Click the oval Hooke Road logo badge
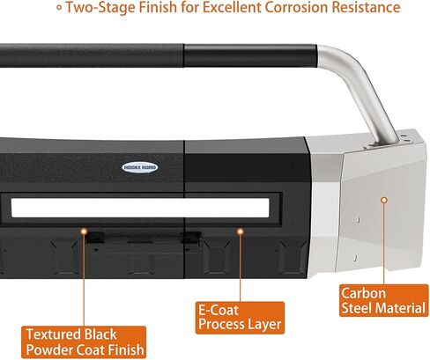(x=139, y=167)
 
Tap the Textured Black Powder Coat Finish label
(x=84, y=342)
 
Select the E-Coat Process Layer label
(x=240, y=318)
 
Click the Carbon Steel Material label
(x=383, y=300)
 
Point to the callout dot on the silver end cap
(x=383, y=200)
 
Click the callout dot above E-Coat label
(x=241, y=231)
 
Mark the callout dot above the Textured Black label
(x=84, y=231)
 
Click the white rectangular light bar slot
(x=140, y=208)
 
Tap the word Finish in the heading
(x=158, y=7)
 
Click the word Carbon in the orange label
(x=363, y=293)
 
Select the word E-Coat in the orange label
(x=219, y=311)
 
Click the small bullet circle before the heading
(x=59, y=8)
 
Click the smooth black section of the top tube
(x=250, y=55)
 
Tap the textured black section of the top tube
(x=92, y=55)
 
